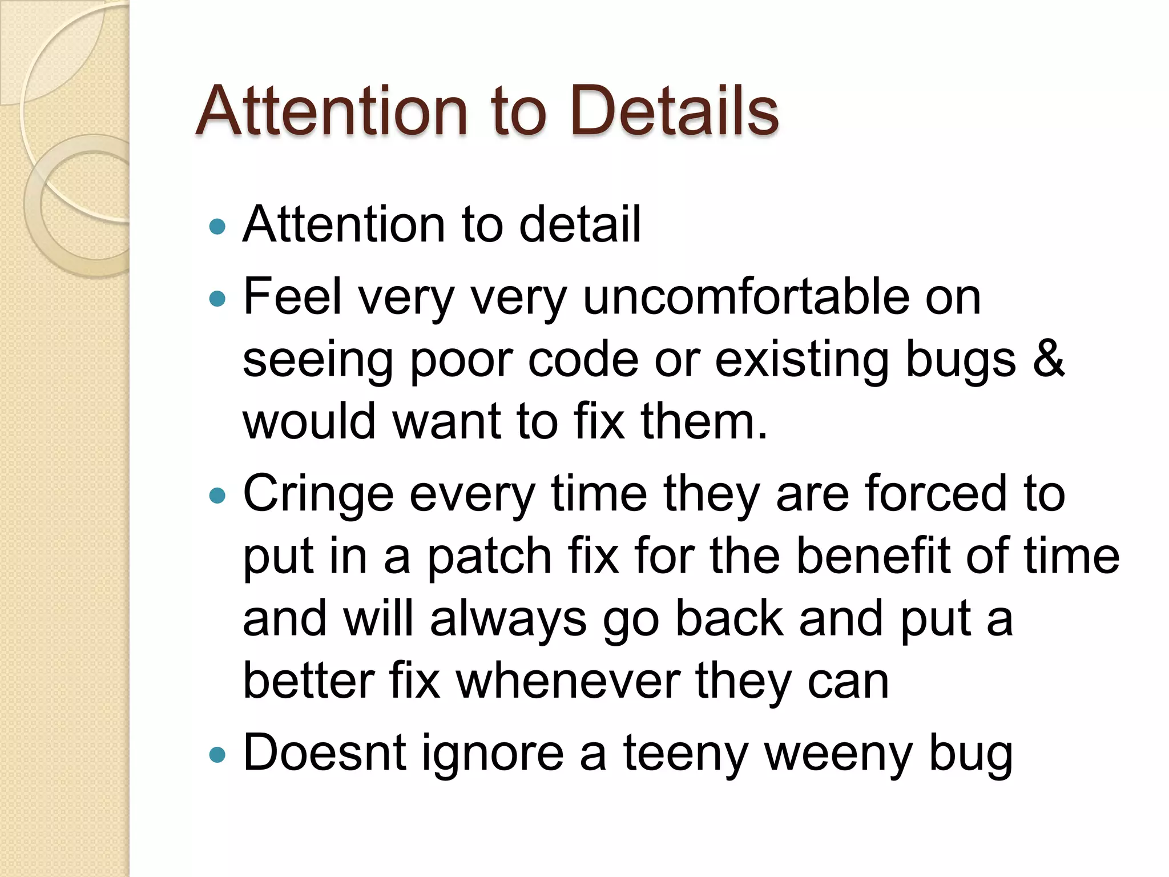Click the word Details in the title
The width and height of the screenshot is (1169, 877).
click(x=674, y=111)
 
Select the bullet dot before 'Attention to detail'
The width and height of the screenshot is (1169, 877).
click(x=217, y=227)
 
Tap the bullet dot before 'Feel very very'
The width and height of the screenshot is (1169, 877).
click(x=217, y=298)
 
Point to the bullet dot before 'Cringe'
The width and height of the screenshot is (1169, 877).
click(x=217, y=495)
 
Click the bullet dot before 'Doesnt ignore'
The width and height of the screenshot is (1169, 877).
click(x=217, y=755)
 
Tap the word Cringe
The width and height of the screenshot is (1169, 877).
click(x=318, y=494)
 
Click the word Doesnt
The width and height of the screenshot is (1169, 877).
click(x=324, y=753)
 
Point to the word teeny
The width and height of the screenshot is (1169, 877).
click(x=685, y=754)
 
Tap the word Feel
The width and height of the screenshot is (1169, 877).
click(x=292, y=297)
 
